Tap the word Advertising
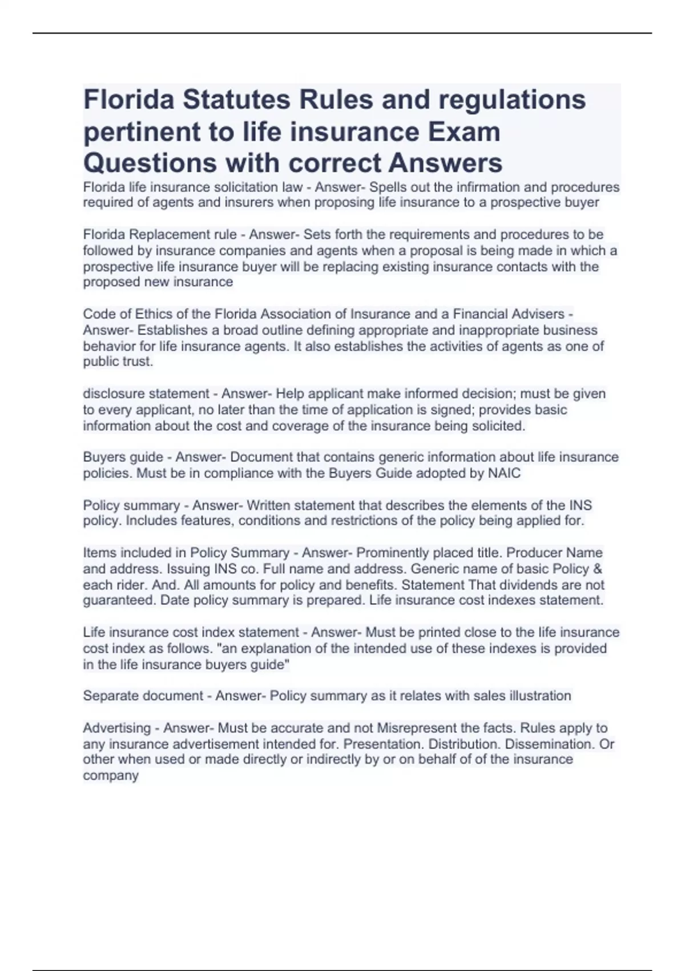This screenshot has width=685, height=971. [117, 728]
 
